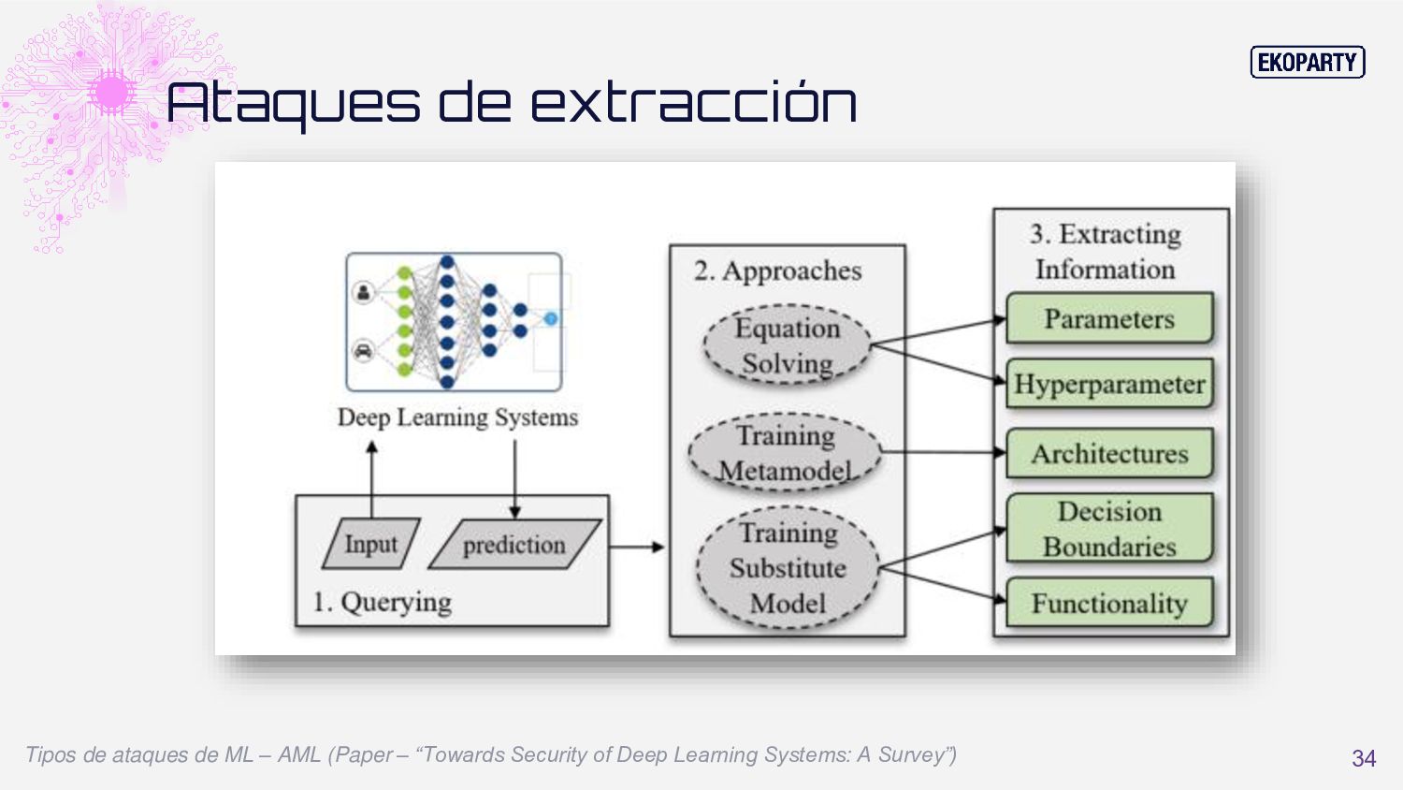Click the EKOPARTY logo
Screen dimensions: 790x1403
[1308, 63]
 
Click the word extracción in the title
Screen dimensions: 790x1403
[693, 102]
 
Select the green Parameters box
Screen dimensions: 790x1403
[1109, 319]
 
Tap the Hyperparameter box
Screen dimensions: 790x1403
[1109, 384]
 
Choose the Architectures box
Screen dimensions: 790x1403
[1109, 454]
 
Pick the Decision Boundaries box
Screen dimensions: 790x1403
[1109, 529]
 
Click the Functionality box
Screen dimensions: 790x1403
[1109, 604]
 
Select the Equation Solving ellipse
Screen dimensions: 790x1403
[787, 345]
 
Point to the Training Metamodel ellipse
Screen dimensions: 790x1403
[785, 453]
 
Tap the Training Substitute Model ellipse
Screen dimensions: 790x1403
[788, 567]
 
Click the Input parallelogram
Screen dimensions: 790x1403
[370, 544]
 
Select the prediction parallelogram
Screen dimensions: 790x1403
[514, 545]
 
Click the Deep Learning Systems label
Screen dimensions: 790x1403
[457, 417]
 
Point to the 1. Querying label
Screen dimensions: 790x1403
[382, 602]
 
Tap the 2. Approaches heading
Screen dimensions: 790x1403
[777, 271]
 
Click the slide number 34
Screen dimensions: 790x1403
[1363, 758]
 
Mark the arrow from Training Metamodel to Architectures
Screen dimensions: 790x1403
[943, 453]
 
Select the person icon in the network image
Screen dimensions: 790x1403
[364, 291]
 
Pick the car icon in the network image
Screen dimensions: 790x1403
[364, 351]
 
